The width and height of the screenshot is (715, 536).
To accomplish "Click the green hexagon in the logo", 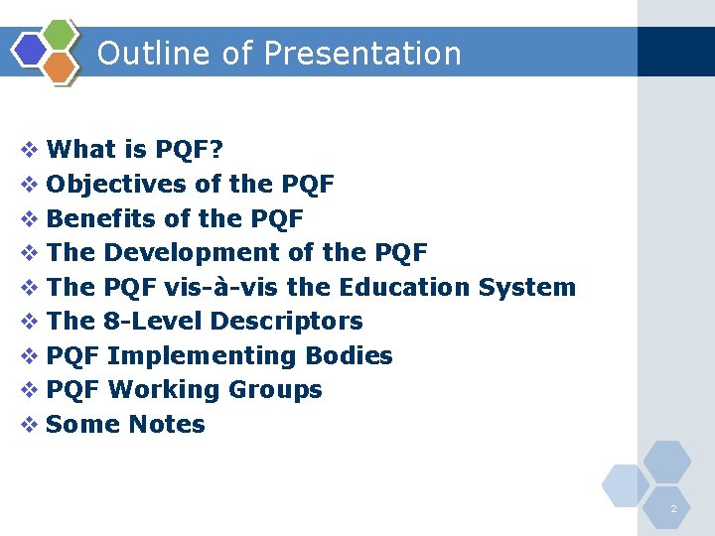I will click(61, 35).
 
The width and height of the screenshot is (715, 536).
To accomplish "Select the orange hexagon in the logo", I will click(60, 66).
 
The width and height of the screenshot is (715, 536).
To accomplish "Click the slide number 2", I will click(673, 509).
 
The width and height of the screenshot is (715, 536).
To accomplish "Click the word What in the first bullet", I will click(81, 150).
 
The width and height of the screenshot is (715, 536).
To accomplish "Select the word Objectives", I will click(116, 185).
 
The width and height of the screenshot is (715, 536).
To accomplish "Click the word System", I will click(526, 288).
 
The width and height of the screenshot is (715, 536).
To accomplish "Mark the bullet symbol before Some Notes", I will click(30, 425).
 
